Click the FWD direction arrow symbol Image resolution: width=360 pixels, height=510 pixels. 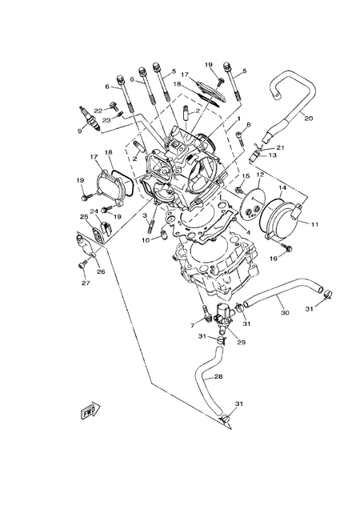(x=89, y=412)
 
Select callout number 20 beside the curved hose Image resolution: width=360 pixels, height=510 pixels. (x=309, y=118)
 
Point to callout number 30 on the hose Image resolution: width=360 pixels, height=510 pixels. (x=285, y=313)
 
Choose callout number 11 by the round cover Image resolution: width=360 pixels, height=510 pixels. (x=314, y=225)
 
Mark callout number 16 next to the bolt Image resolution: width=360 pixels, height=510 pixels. (x=274, y=258)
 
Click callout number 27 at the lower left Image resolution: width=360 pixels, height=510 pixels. (x=84, y=282)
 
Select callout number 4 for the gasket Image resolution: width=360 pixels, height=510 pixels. (x=250, y=232)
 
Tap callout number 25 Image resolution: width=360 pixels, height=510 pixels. (x=83, y=216)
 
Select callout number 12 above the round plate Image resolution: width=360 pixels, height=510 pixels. (x=260, y=174)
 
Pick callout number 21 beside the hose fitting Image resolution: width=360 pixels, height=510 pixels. (x=280, y=147)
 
